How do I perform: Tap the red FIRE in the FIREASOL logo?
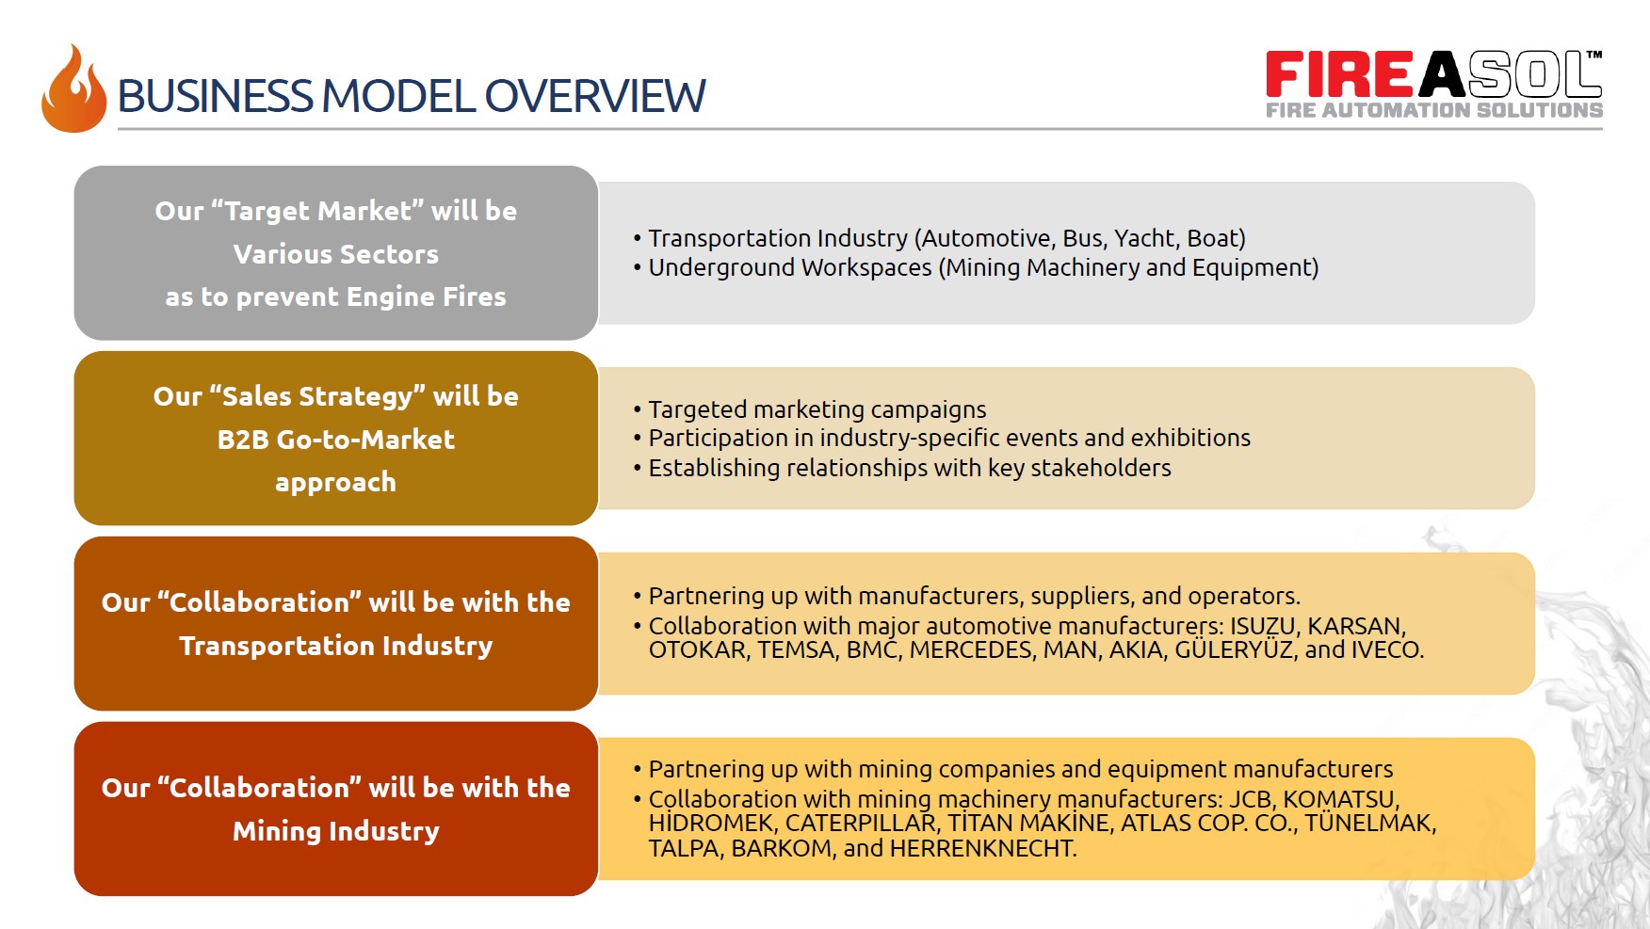(1339, 74)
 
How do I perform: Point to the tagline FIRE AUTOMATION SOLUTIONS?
(1433, 110)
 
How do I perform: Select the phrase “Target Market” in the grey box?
(317, 211)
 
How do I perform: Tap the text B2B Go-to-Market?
(336, 440)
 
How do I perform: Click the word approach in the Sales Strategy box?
(335, 483)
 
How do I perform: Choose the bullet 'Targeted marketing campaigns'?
(817, 409)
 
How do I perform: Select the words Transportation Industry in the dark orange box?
(336, 646)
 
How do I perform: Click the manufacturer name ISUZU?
(1263, 626)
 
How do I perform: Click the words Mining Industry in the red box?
(336, 831)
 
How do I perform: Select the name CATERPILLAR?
(861, 823)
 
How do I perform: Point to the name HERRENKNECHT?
(982, 848)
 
